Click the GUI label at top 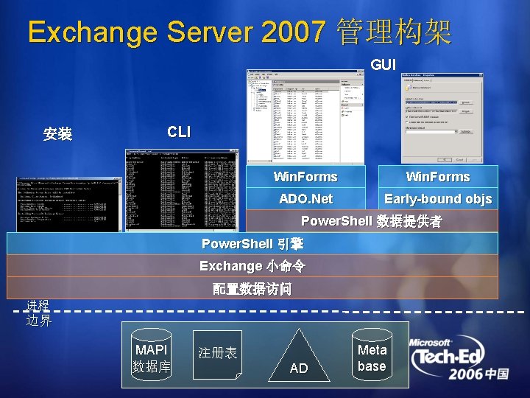tap(384, 66)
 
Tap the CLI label tap(178, 132)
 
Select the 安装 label tap(57, 134)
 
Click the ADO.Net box tap(305, 199)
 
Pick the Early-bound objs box tap(438, 199)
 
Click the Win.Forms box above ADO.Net tap(305, 177)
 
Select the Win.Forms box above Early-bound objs tap(438, 177)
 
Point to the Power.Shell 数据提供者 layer tap(372, 221)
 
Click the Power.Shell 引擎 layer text tap(252, 243)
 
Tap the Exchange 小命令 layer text tap(252, 265)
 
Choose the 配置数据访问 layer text tap(252, 289)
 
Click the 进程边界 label tap(38, 313)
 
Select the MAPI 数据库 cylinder tap(151, 357)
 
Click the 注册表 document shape tap(218, 354)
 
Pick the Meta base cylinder tap(372, 357)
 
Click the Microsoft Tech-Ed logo tap(459, 359)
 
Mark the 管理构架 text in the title tap(394, 32)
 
